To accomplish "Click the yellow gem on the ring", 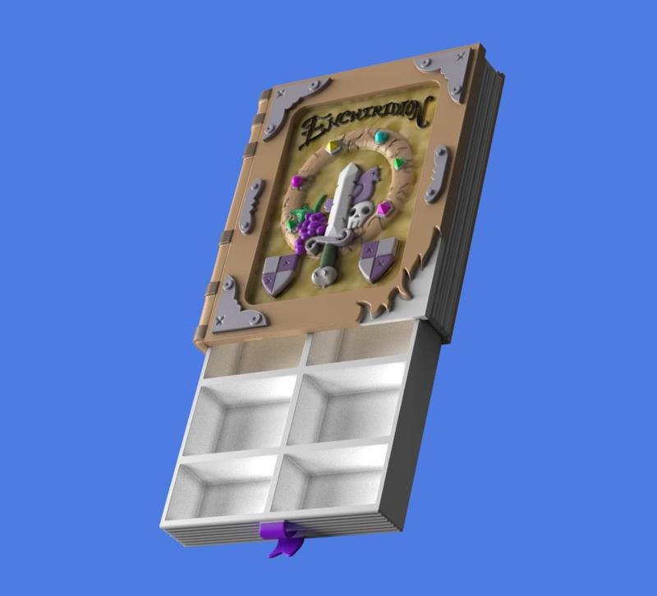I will pos(333,148).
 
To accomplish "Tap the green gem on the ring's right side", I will pos(400,164).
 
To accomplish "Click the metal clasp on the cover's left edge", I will pos(253,195).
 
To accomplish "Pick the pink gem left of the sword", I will pos(296,182).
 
